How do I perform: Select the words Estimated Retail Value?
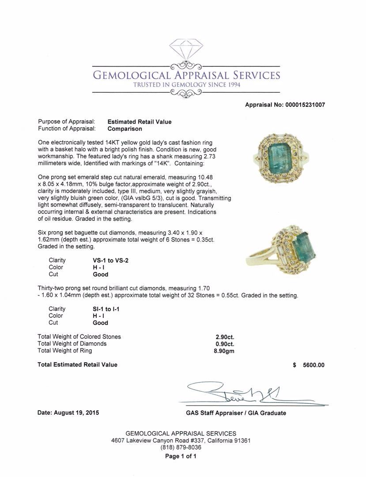[x=140, y=122]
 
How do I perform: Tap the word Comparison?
[x=125, y=129]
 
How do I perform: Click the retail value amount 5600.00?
[x=313, y=365]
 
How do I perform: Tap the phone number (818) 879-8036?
[x=181, y=447]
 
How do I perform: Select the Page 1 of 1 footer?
[x=181, y=457]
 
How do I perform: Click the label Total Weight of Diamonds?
[x=72, y=344]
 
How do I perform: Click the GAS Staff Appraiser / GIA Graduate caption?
[x=236, y=413]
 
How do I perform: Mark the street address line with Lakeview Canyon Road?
[x=181, y=441]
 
